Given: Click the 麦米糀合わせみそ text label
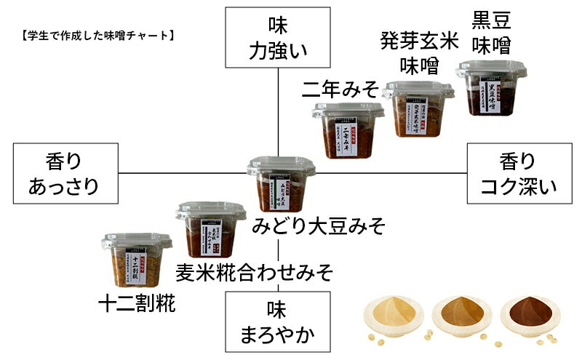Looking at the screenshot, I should [255, 273].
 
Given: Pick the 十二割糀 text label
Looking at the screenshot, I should [137, 303].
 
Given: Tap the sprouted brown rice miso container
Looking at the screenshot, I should [418, 109].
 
